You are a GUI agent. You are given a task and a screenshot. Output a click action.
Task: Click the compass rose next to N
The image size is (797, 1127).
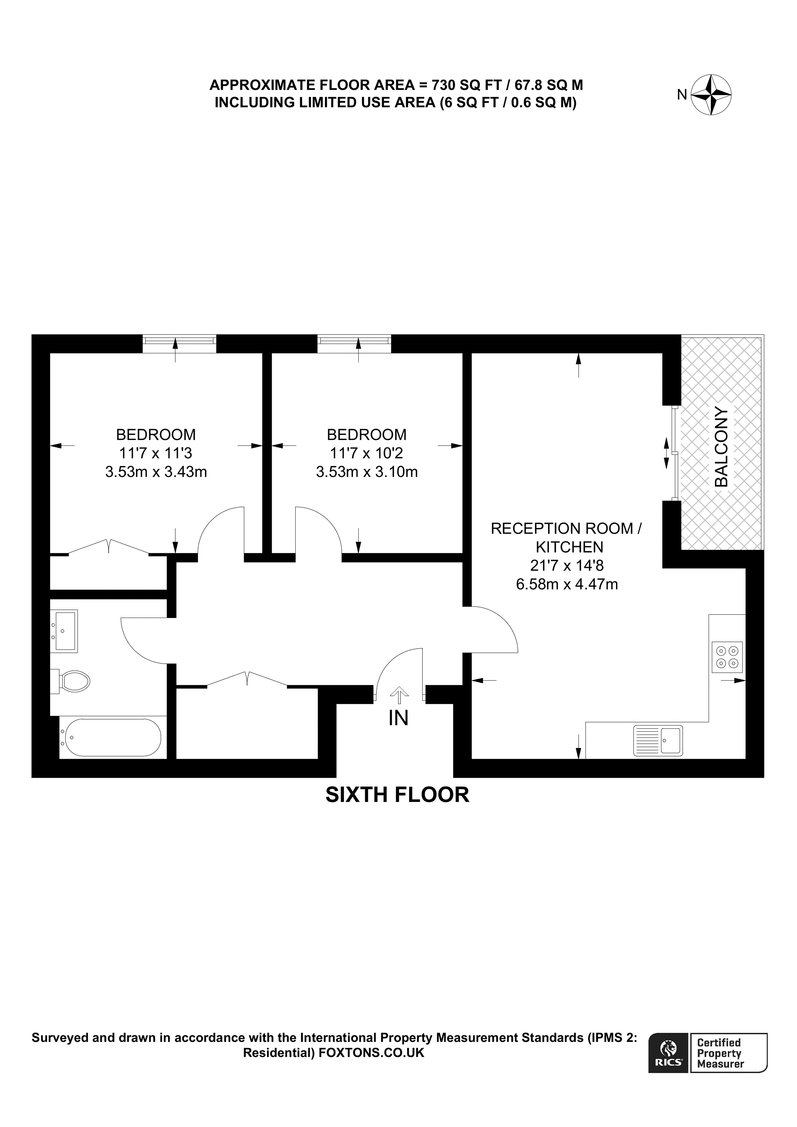coord(711,95)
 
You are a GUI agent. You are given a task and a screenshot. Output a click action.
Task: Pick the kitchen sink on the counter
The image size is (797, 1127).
coord(658,741)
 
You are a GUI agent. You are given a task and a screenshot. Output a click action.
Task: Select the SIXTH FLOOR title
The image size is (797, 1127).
coord(397,795)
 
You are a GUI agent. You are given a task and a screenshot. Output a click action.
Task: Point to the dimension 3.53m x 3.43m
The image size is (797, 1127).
coord(156,472)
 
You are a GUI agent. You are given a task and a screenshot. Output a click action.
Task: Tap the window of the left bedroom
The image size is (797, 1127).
coord(179,343)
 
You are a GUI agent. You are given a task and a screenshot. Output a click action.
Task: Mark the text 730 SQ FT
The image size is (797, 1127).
coord(466,85)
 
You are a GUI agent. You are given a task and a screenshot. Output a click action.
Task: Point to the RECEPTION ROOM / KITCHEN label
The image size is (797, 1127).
coord(567,538)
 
